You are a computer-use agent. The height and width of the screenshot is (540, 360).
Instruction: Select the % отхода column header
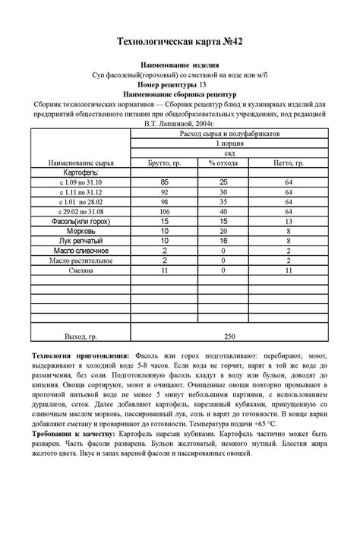click(x=223, y=163)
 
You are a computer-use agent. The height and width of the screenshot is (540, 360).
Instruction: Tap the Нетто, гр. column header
click(x=289, y=163)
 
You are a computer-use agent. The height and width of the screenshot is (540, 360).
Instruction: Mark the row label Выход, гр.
click(x=81, y=335)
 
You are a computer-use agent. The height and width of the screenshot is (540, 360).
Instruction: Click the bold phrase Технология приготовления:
click(x=81, y=356)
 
